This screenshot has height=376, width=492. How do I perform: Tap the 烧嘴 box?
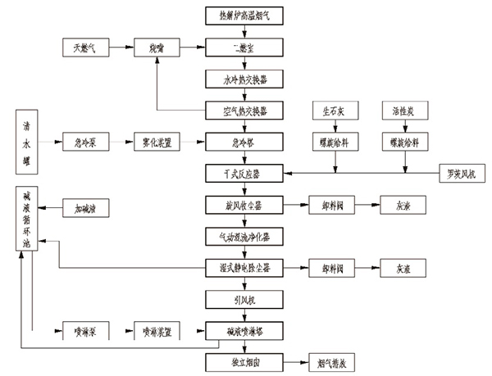tap(157, 48)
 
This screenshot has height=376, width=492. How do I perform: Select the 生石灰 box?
tap(334, 110)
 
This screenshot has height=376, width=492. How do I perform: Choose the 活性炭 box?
tap(404, 110)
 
